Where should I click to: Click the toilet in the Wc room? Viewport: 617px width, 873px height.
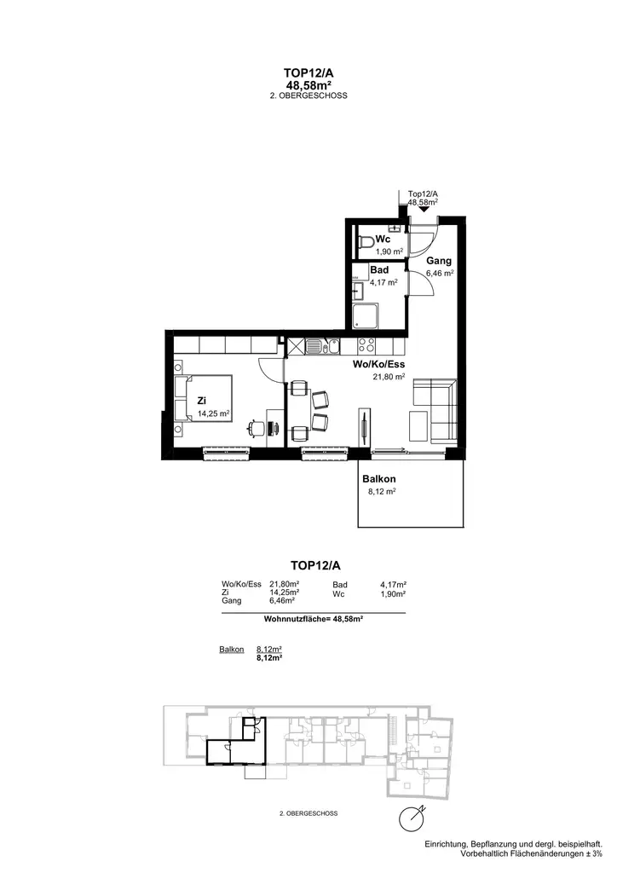click(x=366, y=245)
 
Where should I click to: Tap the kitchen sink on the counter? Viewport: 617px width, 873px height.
click(x=315, y=346)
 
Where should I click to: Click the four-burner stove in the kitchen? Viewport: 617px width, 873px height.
click(x=367, y=346)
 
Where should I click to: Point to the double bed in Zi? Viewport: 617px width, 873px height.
click(x=202, y=397)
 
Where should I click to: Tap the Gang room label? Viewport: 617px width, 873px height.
click(x=439, y=261)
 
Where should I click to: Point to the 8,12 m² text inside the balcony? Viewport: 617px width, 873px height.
click(x=378, y=492)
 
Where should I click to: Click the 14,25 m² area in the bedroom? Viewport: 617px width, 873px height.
click(x=214, y=413)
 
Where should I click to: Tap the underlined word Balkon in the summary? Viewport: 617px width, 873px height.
click(x=231, y=649)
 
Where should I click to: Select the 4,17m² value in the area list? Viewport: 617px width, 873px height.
click(x=393, y=584)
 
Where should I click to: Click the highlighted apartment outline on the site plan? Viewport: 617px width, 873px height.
click(x=235, y=748)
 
